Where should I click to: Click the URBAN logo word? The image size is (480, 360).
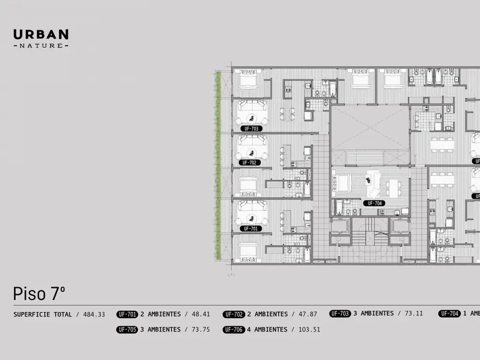(41, 34)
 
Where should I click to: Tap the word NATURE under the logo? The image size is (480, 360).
(41, 45)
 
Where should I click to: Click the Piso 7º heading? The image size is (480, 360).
(39, 294)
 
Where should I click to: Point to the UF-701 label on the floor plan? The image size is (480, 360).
(250, 229)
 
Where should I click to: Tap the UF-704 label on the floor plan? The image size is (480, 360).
(375, 203)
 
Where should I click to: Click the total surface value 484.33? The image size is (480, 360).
(94, 315)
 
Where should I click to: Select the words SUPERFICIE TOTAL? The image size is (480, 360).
(43, 315)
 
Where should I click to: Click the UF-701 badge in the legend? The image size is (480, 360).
(127, 315)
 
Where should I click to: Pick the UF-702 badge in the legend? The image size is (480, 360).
(233, 315)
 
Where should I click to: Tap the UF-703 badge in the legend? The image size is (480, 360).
(340, 314)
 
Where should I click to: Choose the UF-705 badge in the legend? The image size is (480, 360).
(127, 330)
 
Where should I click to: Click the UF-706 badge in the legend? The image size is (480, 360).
(233, 330)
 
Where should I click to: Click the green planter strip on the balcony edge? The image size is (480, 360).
(218, 166)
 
